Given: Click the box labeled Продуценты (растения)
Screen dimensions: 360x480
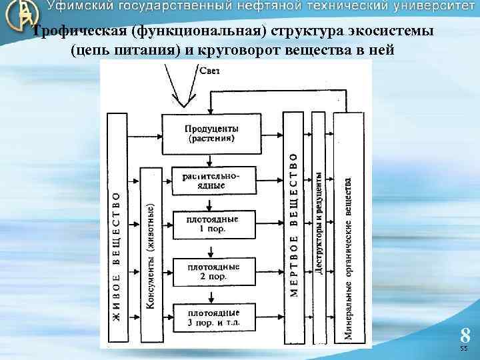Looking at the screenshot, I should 211,133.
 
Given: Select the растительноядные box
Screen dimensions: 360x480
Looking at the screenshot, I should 211,181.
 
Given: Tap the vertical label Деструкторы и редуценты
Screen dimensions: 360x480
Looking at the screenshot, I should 319,223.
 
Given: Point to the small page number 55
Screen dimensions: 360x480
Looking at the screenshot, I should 465,349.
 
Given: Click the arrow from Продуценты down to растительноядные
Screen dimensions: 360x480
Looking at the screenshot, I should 211,159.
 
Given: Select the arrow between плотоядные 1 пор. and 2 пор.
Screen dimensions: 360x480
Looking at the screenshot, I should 211,249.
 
